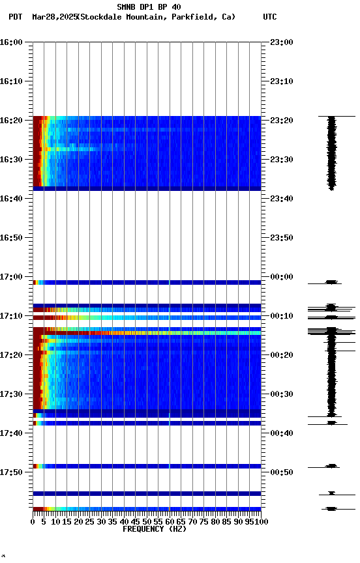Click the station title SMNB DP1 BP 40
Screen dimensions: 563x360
click(x=149, y=7)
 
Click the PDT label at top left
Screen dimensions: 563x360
click(x=15, y=17)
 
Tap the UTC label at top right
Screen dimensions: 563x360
click(x=270, y=17)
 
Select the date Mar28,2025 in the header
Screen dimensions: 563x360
click(x=53, y=17)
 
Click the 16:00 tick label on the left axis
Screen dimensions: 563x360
click(x=12, y=42)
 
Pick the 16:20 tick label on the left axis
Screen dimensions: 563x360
click(x=12, y=121)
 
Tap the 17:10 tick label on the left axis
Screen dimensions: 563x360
click(x=12, y=316)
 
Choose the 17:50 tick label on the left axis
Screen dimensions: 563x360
click(x=12, y=472)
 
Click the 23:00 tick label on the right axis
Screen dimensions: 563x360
click(x=282, y=42)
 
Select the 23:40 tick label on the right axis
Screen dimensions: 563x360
click(x=282, y=199)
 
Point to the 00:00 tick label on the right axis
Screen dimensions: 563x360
click(x=282, y=277)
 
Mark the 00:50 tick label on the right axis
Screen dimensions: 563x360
click(x=282, y=472)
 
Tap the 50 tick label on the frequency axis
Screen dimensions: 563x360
click(x=147, y=521)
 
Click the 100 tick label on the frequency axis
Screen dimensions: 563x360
click(x=262, y=521)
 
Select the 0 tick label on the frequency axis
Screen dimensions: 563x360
click(x=33, y=521)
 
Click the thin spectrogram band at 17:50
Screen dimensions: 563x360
click(x=147, y=466)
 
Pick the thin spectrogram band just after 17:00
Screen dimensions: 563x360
click(x=147, y=282)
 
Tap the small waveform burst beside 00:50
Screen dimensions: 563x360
click(x=332, y=466)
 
